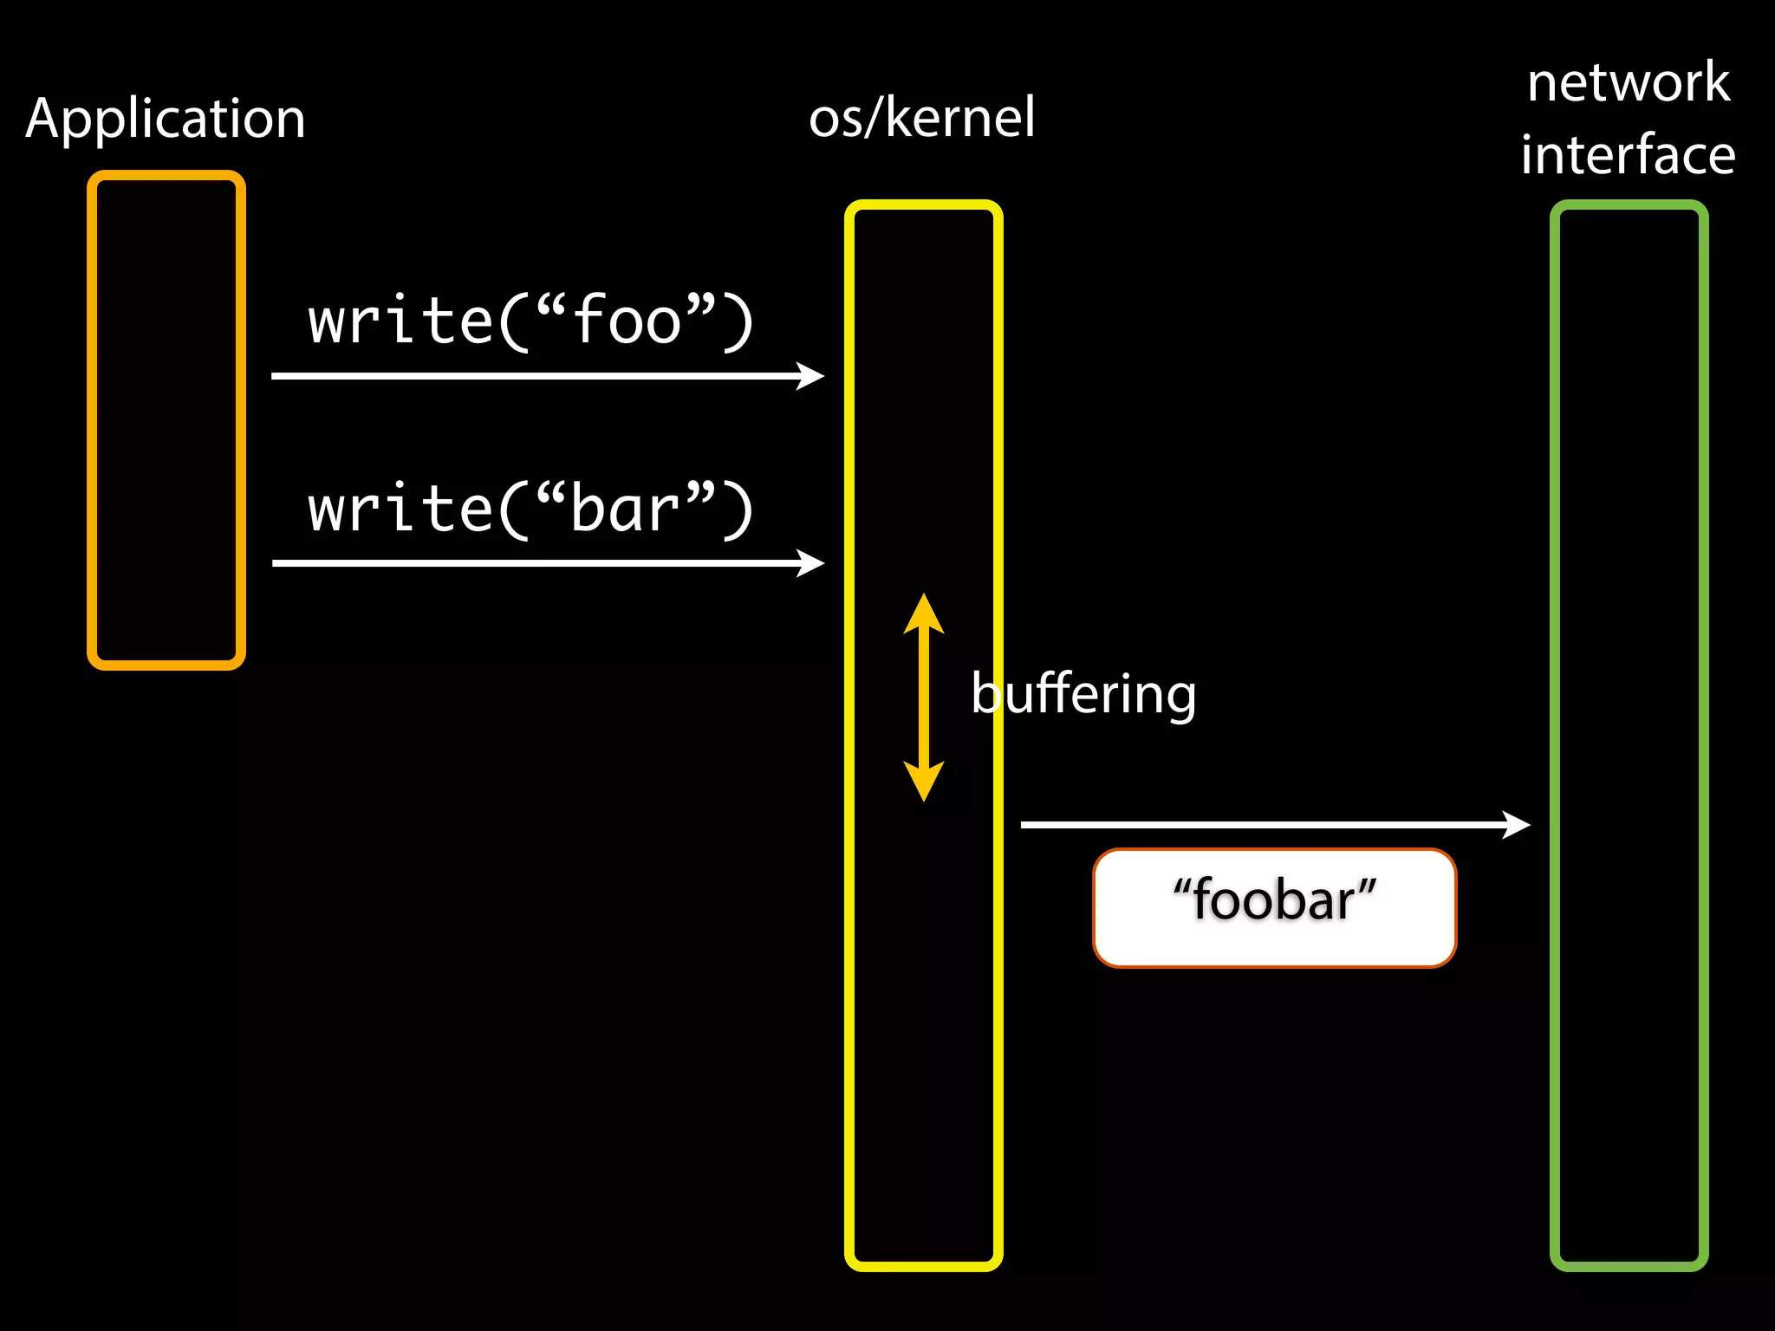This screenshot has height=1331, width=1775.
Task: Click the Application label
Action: (166, 119)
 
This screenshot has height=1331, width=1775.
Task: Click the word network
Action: (1629, 82)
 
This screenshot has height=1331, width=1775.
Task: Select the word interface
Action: (1628, 155)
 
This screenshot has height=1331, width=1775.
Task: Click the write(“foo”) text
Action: (530, 321)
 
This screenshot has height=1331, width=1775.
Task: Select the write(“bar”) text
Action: (530, 509)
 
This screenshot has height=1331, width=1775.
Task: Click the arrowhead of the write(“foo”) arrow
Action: (813, 376)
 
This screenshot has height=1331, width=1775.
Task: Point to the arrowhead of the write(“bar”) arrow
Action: (813, 563)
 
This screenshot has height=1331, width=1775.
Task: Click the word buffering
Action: (1083, 693)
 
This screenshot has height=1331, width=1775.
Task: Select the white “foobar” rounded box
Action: (1274, 907)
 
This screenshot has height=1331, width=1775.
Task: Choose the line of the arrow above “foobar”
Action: (1257, 824)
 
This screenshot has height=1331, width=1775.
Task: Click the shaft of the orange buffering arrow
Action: (924, 698)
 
